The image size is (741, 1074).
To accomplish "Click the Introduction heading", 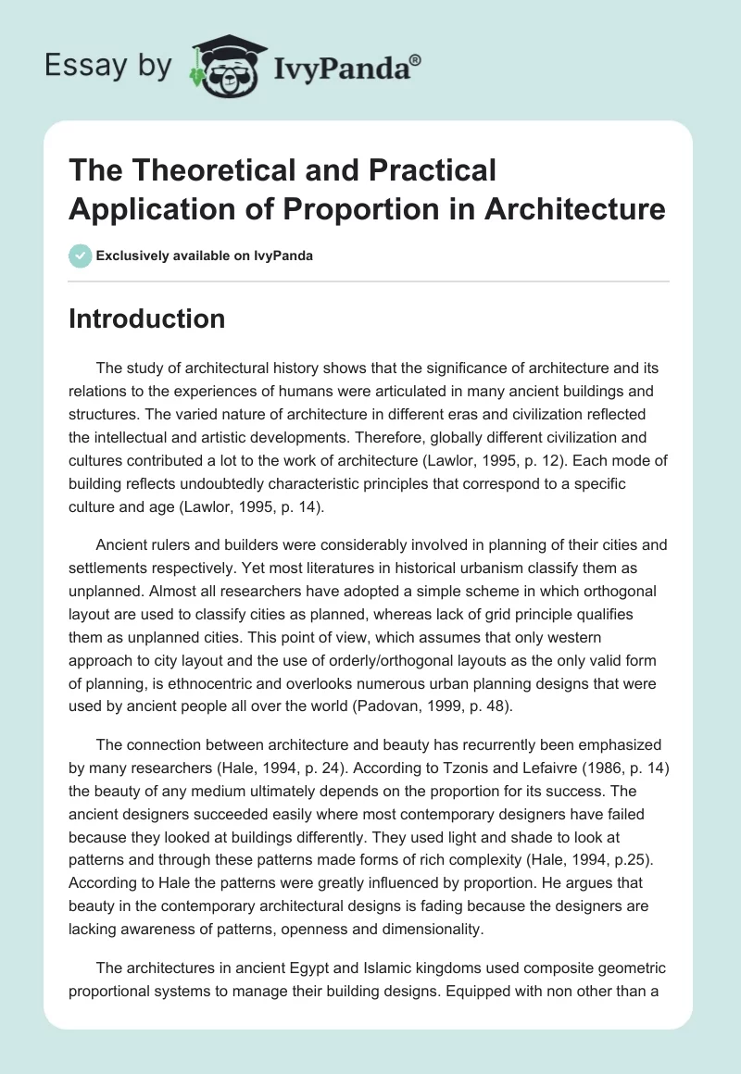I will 146,318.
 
